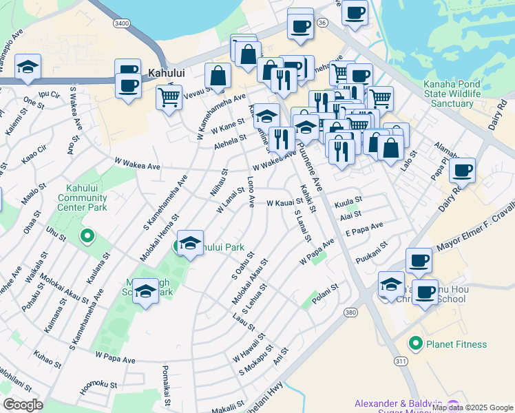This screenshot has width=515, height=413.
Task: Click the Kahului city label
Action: click(x=165, y=71)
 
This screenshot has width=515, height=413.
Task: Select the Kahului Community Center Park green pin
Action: click(x=87, y=237)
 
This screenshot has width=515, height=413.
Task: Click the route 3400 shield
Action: click(x=122, y=23)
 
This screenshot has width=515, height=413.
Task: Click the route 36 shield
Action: click(x=321, y=23)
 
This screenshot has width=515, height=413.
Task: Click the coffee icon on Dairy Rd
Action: click(x=463, y=169)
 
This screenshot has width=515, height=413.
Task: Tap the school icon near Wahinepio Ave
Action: click(x=28, y=67)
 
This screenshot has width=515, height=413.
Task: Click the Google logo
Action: click(x=23, y=405)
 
